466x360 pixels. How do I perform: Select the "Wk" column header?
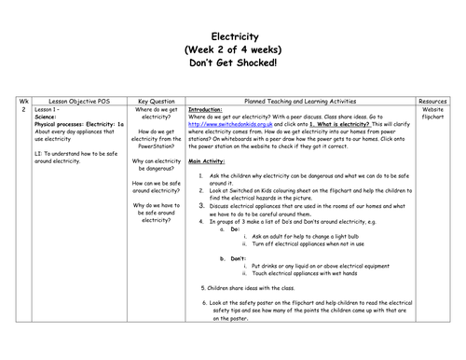pyautogui.click(x=21, y=96)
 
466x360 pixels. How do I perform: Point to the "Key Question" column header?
pyautogui.click(x=156, y=96)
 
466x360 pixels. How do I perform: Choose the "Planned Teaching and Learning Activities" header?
pyautogui.click(x=303, y=96)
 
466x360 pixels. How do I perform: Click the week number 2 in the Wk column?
pyautogui.click(x=21, y=108)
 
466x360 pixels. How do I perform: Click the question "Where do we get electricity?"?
pyautogui.click(x=156, y=112)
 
